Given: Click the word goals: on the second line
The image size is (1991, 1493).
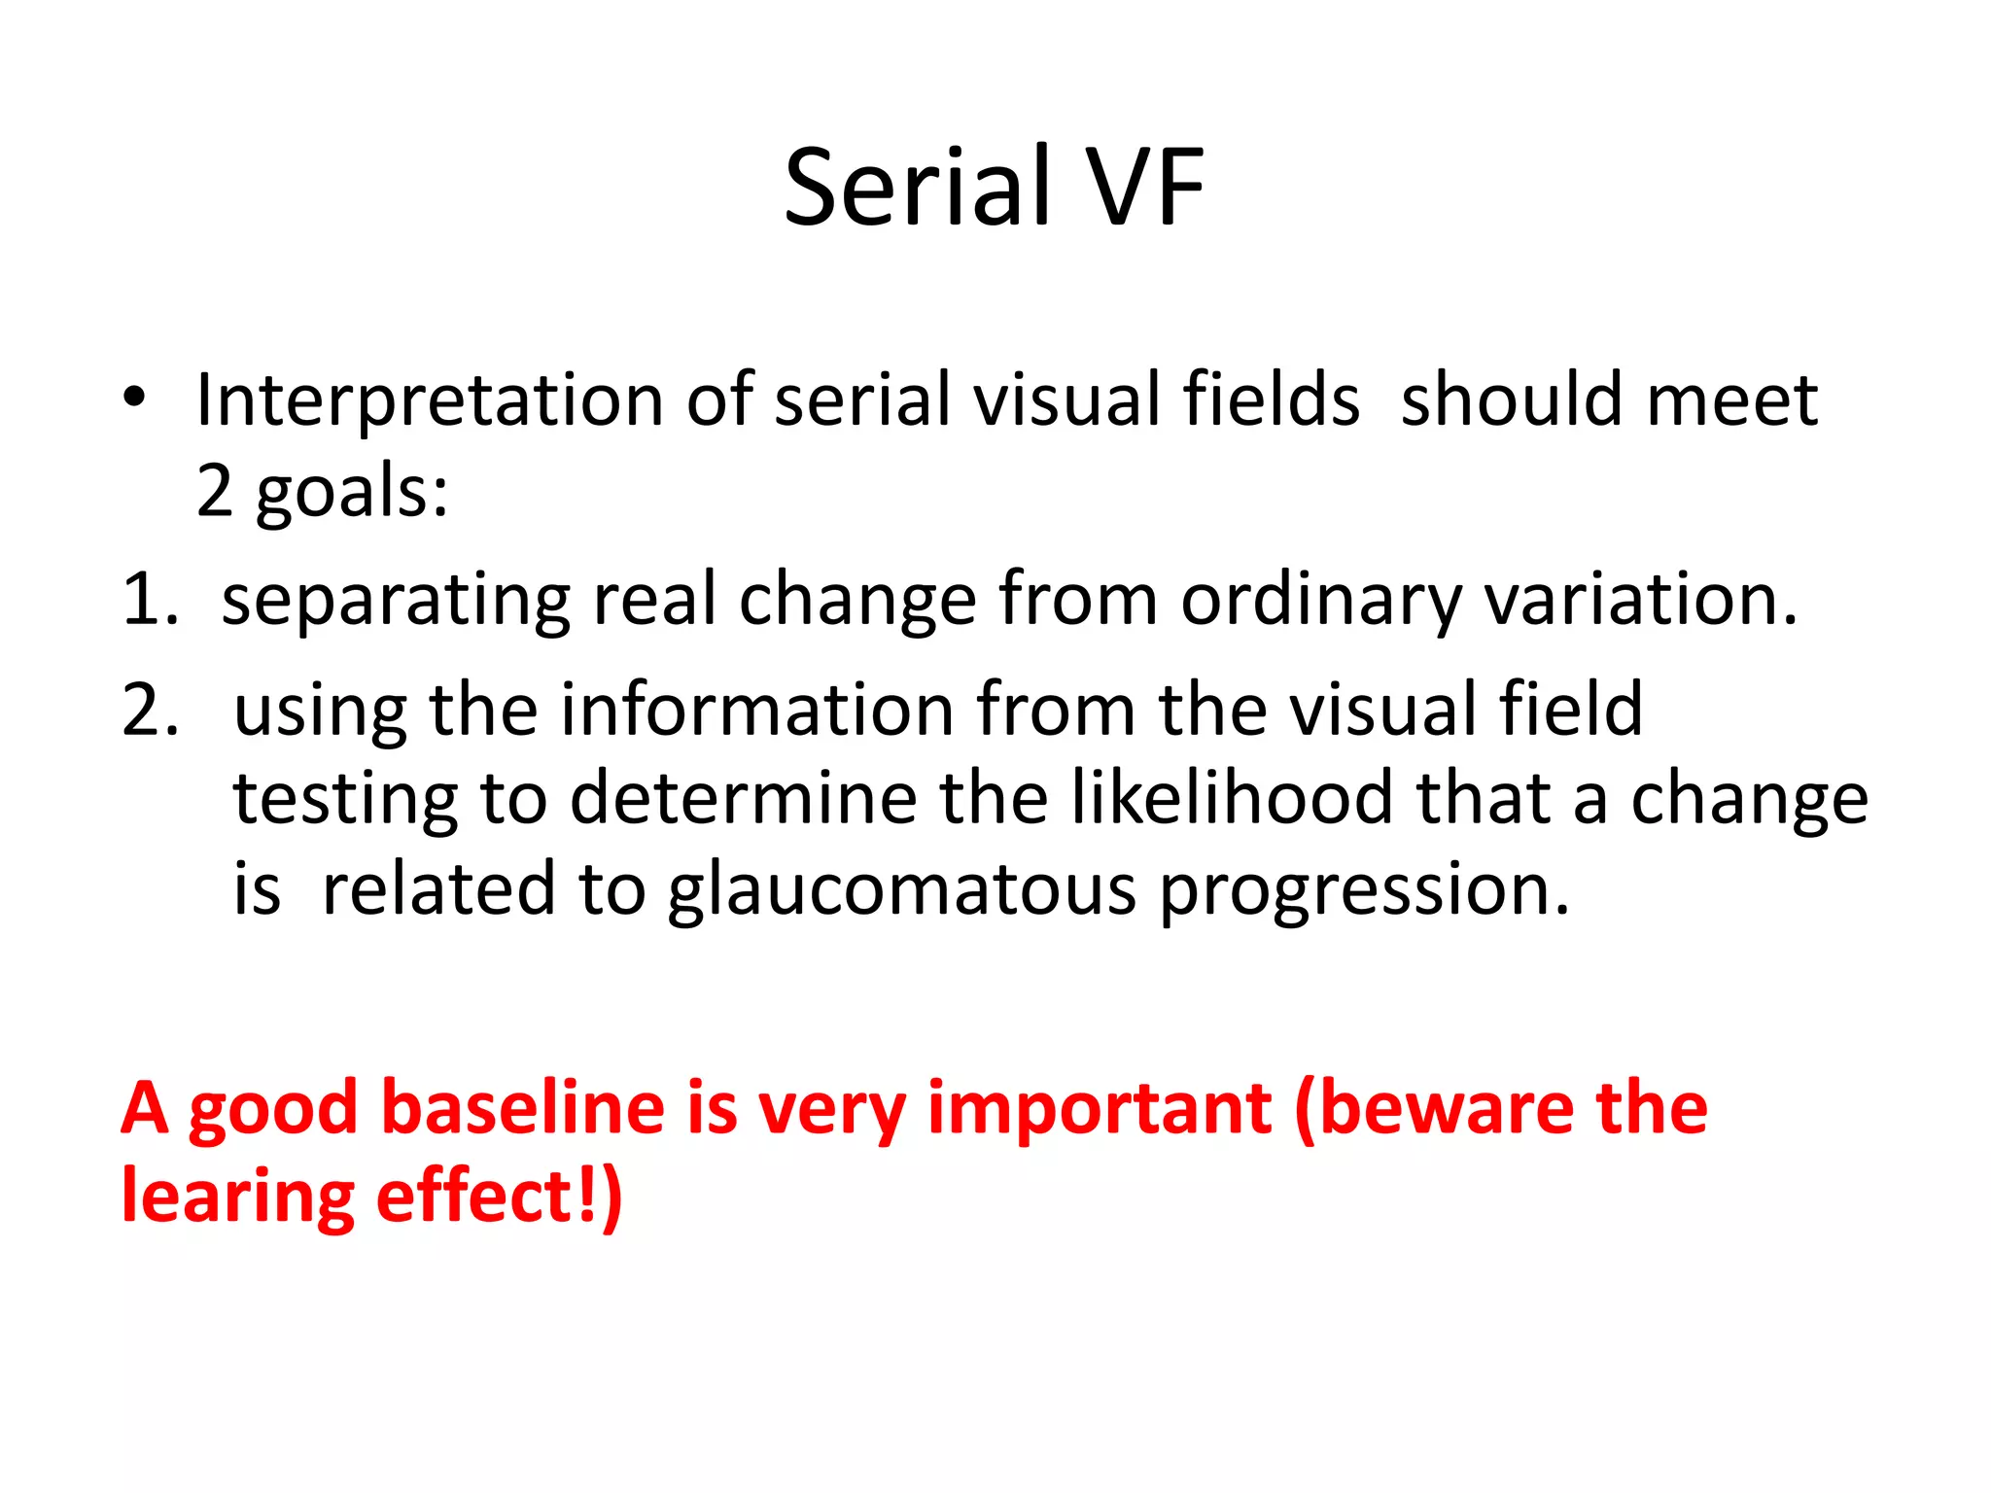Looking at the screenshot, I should pyautogui.click(x=352, y=492).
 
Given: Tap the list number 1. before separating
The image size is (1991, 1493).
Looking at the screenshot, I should pyautogui.click(x=150, y=600).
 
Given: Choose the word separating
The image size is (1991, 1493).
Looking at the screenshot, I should pyautogui.click(x=396, y=602).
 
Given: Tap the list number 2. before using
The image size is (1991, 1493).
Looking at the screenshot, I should pyautogui.click(x=150, y=710).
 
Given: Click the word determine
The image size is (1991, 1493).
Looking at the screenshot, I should pyautogui.click(x=743, y=800).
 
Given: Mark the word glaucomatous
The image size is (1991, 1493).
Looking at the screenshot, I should pyautogui.click(x=901, y=890).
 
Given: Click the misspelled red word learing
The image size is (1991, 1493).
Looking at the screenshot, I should pyautogui.click(x=237, y=1198).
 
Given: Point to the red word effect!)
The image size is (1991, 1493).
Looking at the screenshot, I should pyautogui.click(x=499, y=1197).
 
